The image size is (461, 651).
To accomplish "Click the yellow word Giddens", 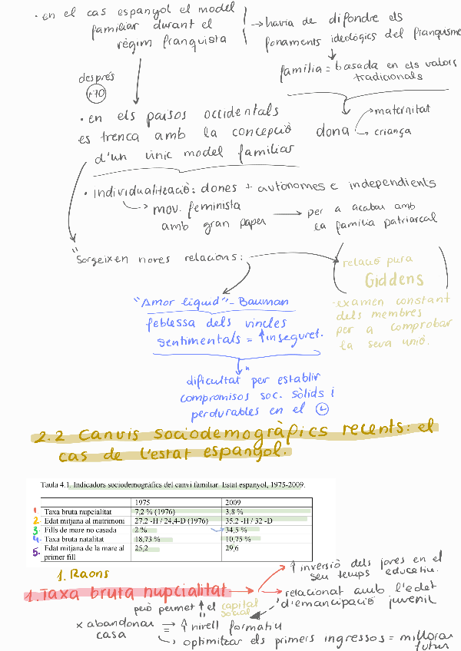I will click(394, 279).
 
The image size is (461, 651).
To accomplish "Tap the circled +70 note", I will click(96, 94).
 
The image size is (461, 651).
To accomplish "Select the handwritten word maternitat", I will click(402, 111).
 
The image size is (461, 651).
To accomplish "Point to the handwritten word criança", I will click(393, 131).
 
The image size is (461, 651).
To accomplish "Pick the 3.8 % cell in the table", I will click(234, 511).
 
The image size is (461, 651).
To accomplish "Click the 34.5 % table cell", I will click(237, 530).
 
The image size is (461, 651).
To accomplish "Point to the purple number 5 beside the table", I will click(35, 550).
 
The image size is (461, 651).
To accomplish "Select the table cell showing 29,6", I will click(233, 549).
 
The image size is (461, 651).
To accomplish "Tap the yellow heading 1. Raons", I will click(83, 573).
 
